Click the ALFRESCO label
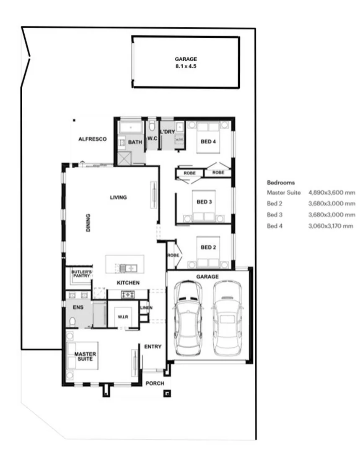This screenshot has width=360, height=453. tap(93, 139)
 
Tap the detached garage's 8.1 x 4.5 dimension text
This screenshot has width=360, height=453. tap(186, 66)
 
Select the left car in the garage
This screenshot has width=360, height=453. tap(188, 317)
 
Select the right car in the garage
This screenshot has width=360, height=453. tap(227, 317)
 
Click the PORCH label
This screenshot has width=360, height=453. tap(155, 383)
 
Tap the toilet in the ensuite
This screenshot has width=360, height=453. tap(72, 322)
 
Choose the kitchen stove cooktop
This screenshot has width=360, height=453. tap(127, 295)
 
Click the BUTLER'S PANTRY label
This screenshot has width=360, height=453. tap(81, 273)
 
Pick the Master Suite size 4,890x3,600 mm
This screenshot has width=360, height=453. tap(332, 193)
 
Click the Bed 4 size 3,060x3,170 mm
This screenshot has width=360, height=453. tap(332, 226)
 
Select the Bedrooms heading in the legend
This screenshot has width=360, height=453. tap(280, 182)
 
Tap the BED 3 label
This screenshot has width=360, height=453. tap(204, 202)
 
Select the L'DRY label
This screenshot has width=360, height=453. tap(167, 132)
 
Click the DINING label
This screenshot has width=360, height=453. tap(88, 223)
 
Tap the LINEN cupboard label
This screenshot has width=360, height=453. tap(146, 308)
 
